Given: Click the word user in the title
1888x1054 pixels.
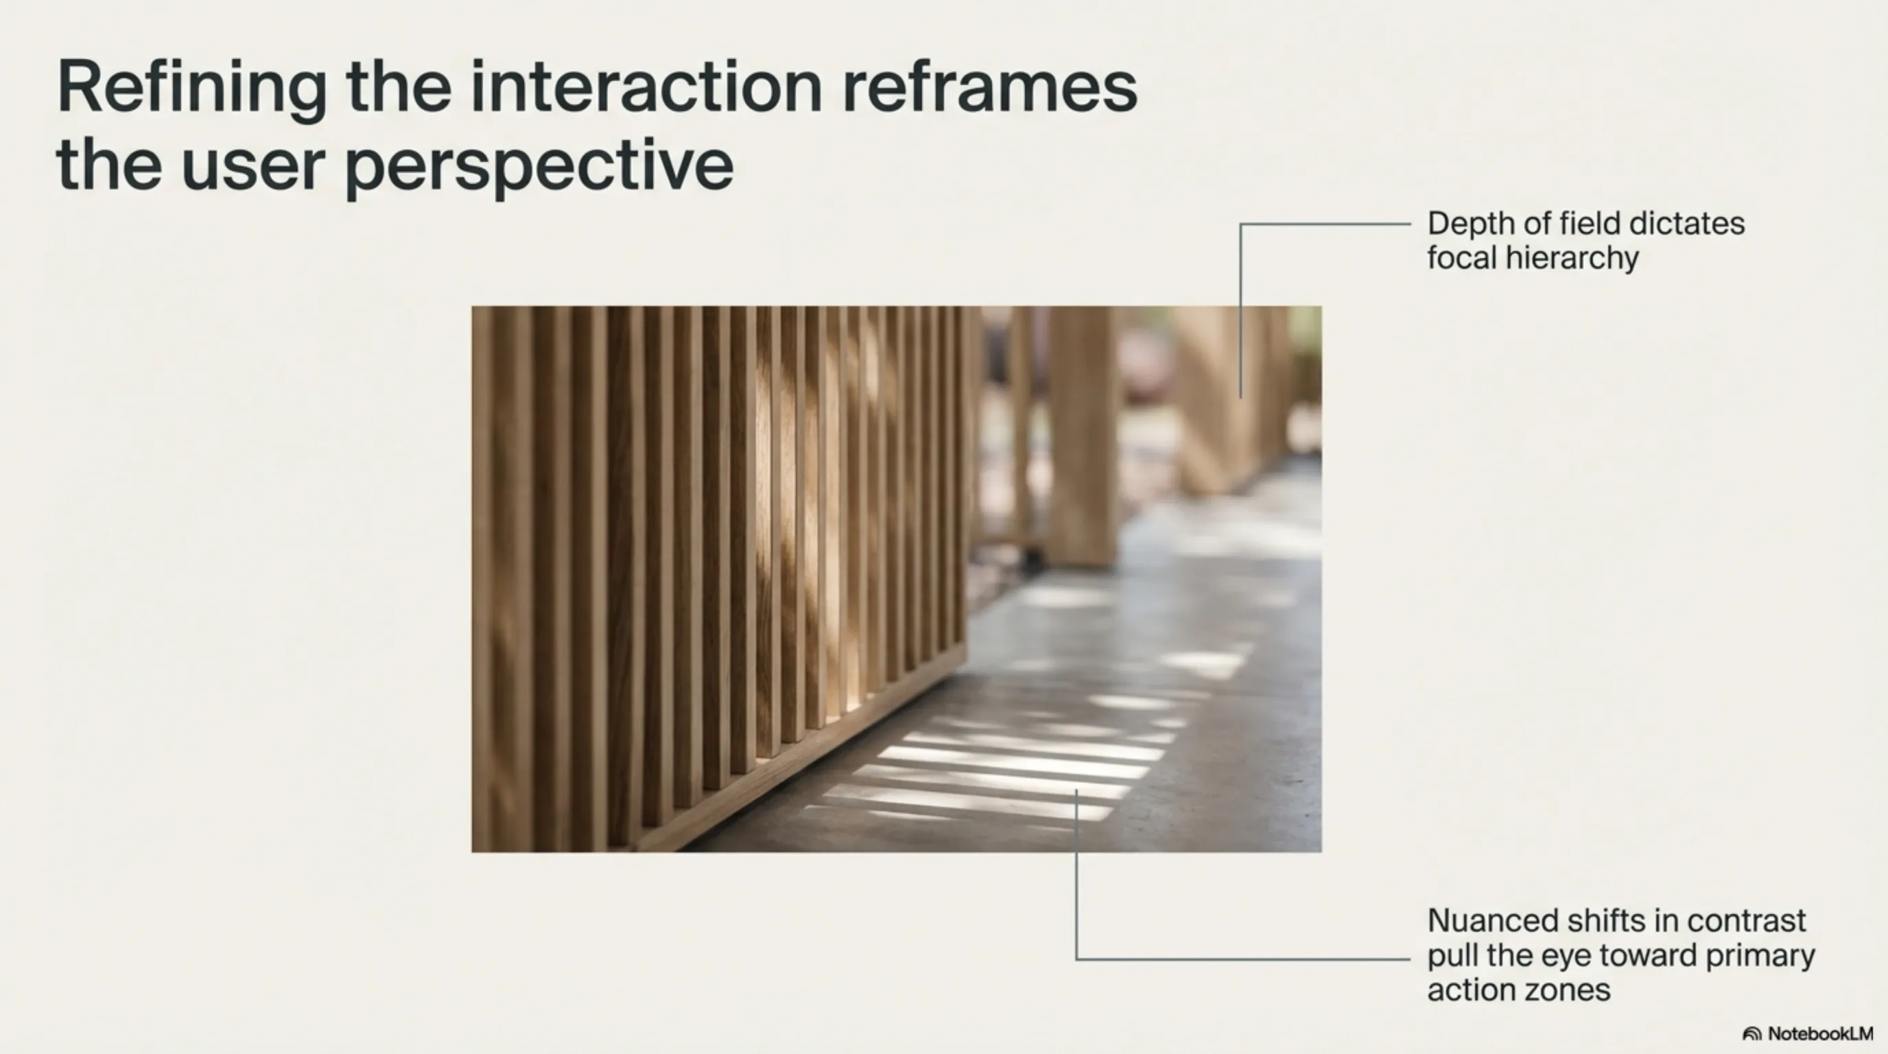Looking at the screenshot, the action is tap(253, 165).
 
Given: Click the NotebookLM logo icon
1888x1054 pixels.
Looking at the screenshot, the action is tap(1751, 1033).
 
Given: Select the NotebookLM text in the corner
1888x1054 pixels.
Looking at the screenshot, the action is tap(1821, 1033).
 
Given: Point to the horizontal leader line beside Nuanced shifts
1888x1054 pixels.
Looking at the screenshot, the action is tap(1243, 959).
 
